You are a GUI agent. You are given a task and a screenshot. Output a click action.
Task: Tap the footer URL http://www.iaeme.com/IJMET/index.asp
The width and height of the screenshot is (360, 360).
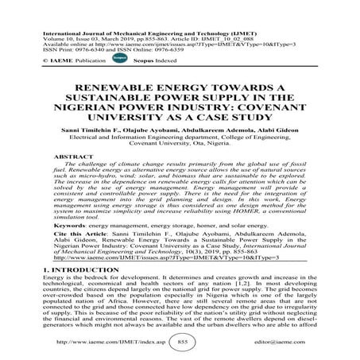tap(103, 340)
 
